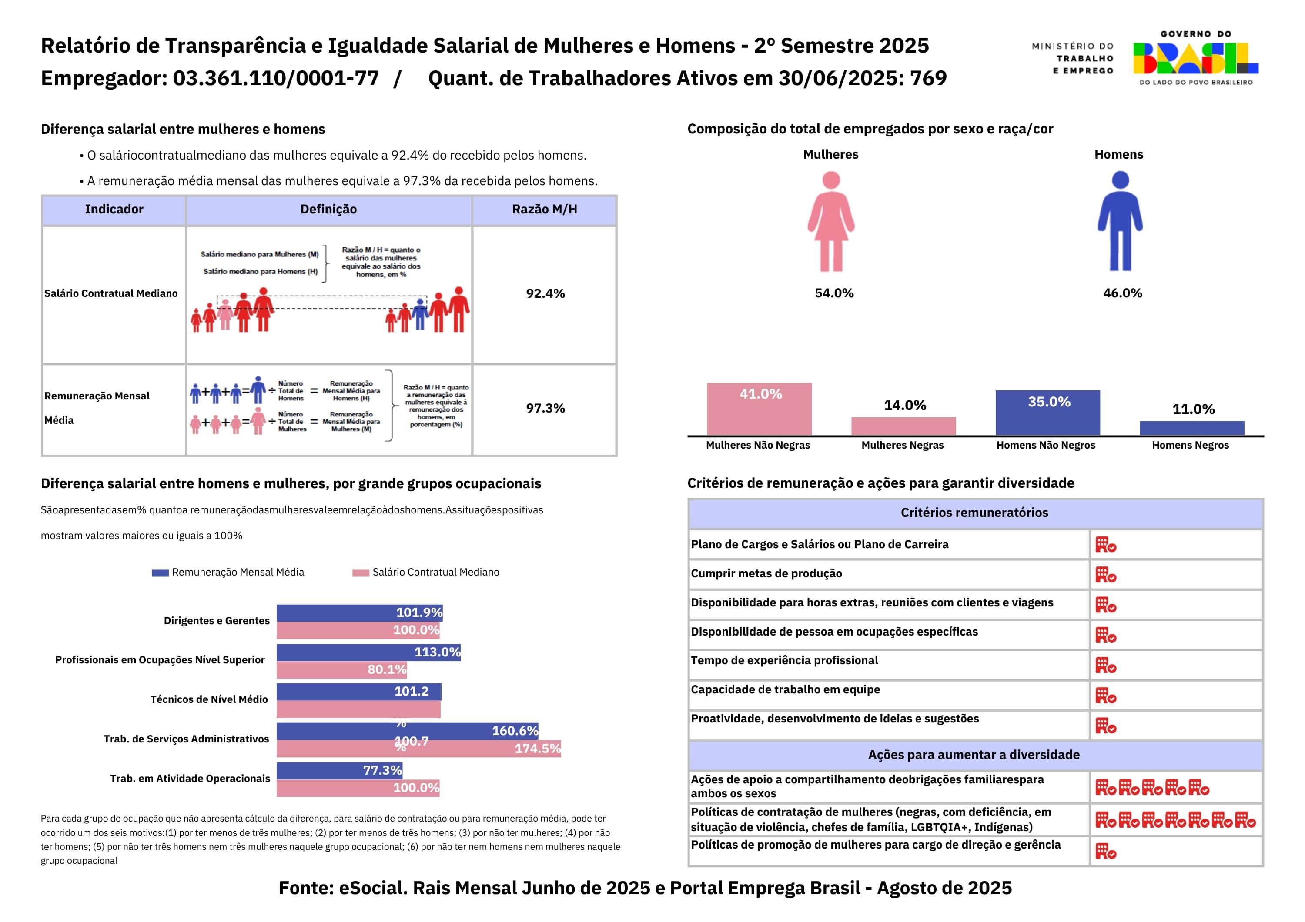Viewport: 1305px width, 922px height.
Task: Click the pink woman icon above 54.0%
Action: tap(831, 222)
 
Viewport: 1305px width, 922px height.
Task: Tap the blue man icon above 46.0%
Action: tap(1120, 222)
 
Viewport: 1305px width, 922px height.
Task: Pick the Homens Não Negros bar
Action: tap(1047, 413)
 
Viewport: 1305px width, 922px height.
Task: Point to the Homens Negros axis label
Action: tap(1190, 446)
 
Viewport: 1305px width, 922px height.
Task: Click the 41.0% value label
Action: tap(760, 394)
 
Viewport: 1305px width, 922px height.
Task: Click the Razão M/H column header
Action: tap(544, 210)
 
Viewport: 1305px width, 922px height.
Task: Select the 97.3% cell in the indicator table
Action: tap(545, 409)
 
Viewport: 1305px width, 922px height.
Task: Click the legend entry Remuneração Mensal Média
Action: tap(238, 572)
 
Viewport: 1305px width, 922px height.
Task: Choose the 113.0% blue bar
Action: tap(368, 652)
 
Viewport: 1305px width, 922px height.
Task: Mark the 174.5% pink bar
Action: tap(418, 749)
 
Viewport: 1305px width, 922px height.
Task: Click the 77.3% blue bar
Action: tap(339, 770)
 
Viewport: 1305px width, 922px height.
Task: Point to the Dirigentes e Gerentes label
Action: tap(217, 621)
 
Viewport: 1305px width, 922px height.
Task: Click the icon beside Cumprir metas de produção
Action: tap(1105, 575)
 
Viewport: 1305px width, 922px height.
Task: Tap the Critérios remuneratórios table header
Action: tap(974, 513)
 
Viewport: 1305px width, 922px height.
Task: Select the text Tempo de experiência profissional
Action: tap(784, 661)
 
